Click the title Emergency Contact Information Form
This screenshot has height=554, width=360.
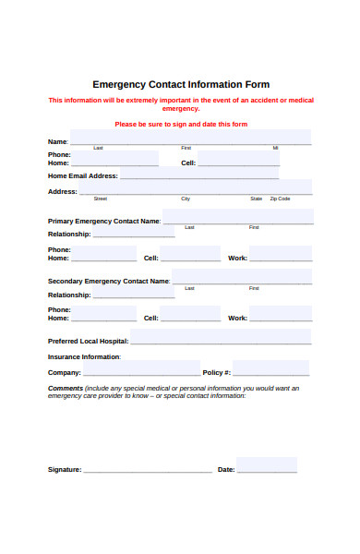(x=181, y=83)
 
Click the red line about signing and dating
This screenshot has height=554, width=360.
(x=180, y=124)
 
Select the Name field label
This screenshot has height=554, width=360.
(x=57, y=141)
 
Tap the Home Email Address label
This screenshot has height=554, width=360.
(x=83, y=175)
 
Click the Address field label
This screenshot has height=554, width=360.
(x=63, y=192)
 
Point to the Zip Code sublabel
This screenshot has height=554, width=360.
(x=279, y=199)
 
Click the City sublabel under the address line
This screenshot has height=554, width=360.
(x=186, y=199)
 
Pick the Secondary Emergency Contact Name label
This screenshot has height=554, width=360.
(x=109, y=281)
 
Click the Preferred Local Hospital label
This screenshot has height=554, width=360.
(x=88, y=342)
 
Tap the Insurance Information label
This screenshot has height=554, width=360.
(x=84, y=356)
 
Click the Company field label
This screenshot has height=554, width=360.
(x=65, y=372)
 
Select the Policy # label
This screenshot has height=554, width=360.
(x=217, y=372)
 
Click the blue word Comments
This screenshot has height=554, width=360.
(x=66, y=388)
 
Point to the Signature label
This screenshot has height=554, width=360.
(x=65, y=470)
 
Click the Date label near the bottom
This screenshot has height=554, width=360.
(x=226, y=470)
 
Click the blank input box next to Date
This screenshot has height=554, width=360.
(x=268, y=464)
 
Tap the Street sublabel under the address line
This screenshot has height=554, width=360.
(x=101, y=199)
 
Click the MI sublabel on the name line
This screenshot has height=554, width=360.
(x=275, y=148)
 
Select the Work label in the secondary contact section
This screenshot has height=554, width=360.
(x=237, y=318)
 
